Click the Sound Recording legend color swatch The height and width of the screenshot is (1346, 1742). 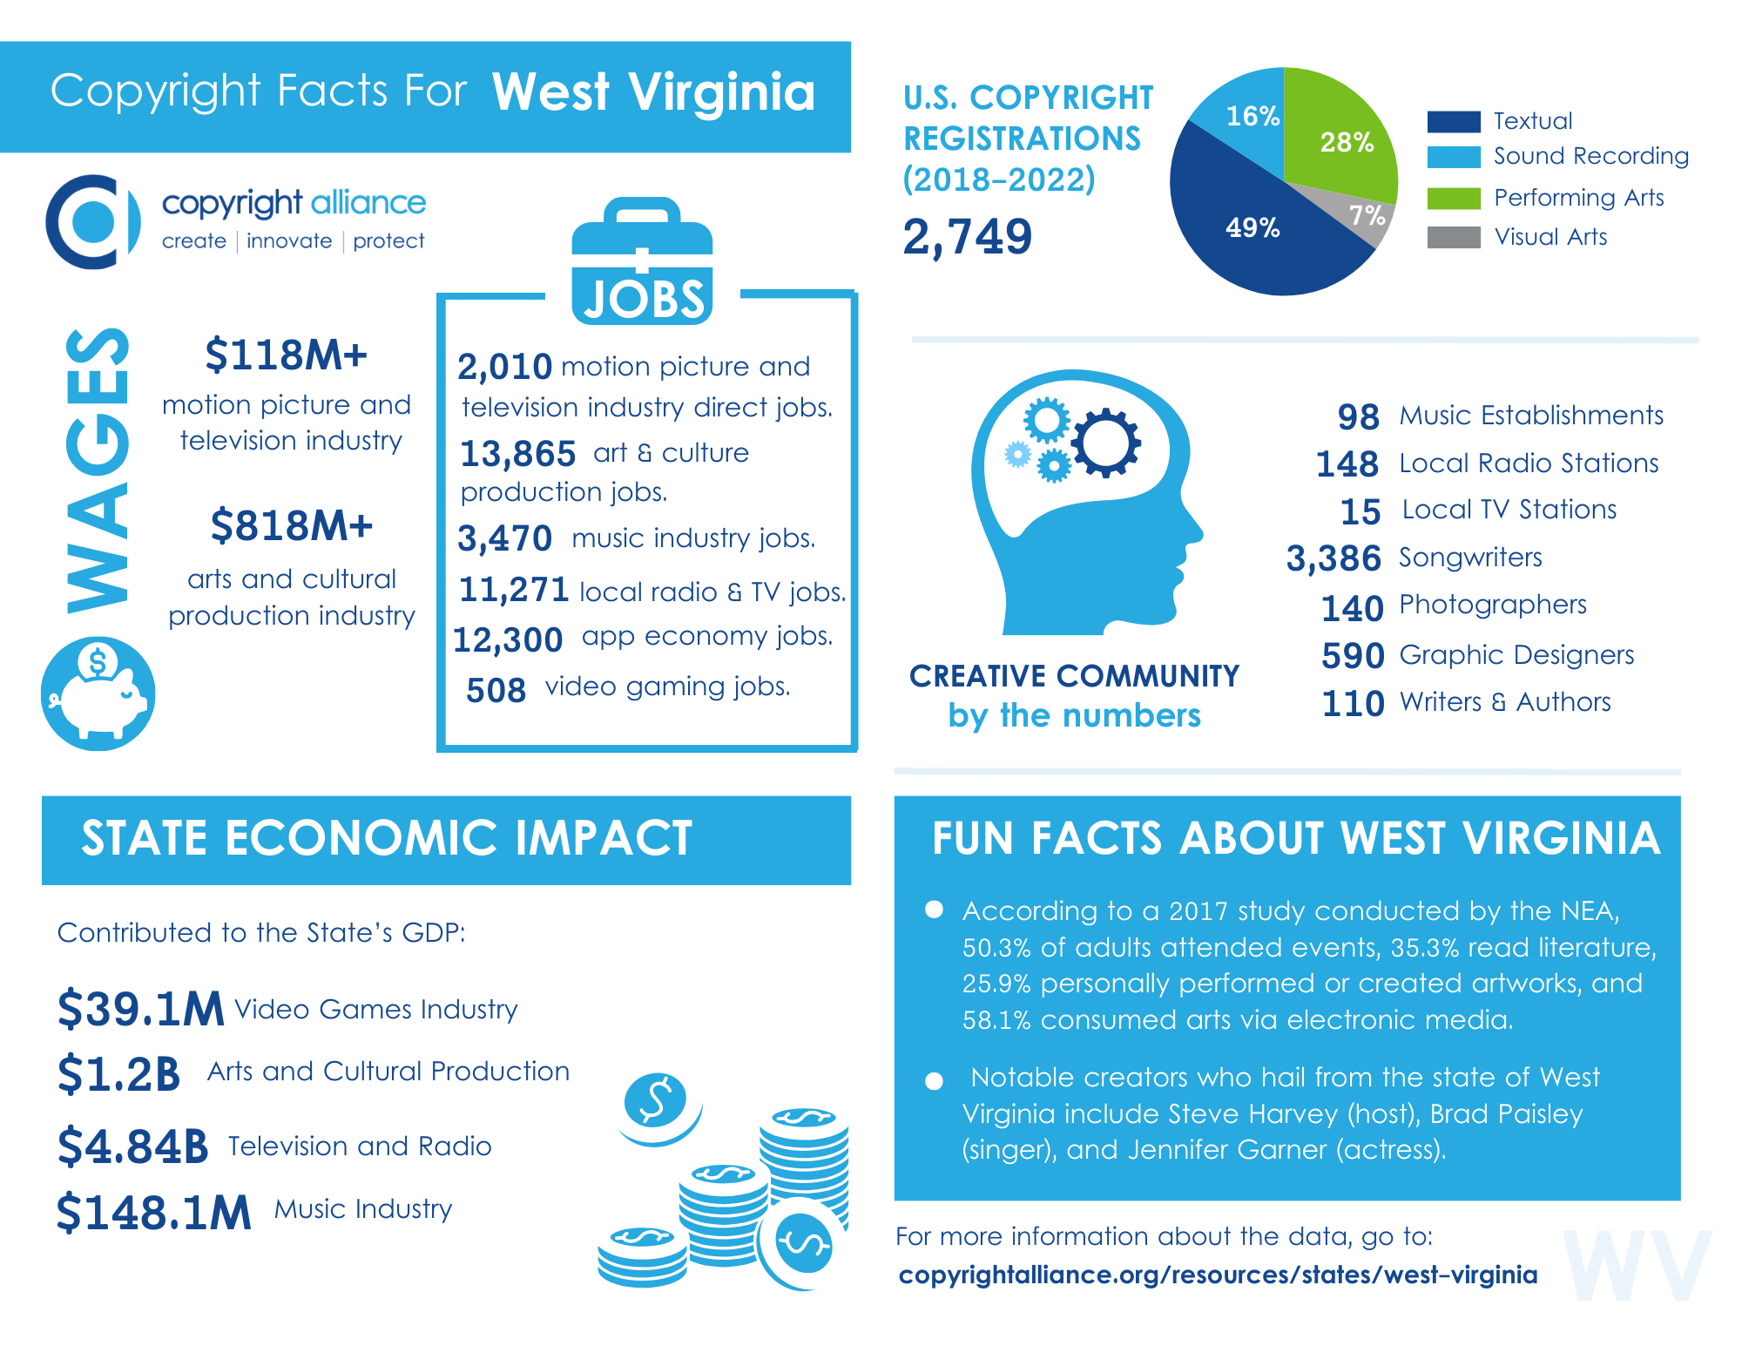(1453, 157)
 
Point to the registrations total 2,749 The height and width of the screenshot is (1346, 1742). (967, 237)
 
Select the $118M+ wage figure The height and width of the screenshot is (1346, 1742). (286, 355)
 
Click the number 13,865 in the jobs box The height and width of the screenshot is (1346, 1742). (517, 454)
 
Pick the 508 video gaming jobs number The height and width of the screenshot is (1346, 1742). (496, 691)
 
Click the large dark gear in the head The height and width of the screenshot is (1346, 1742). (1105, 443)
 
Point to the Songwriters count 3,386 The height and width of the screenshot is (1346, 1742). (1334, 558)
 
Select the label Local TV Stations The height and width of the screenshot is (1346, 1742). (1509, 510)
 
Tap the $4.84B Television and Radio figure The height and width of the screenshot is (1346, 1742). (132, 1146)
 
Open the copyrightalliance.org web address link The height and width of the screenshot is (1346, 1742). (1217, 1275)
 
